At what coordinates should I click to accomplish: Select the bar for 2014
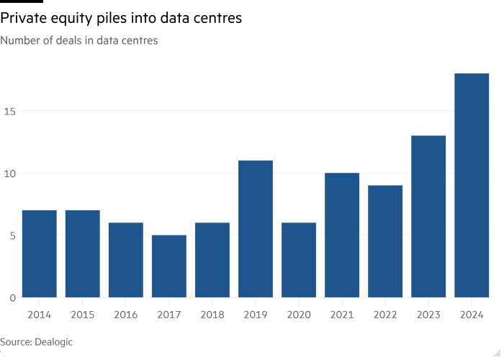[x=39, y=253]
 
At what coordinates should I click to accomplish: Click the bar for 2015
[x=82, y=253]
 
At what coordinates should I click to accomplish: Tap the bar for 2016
[x=125, y=260]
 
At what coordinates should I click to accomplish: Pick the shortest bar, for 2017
[x=168, y=266]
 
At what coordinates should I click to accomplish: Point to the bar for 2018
[x=212, y=260]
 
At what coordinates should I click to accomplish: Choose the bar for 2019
[x=256, y=228]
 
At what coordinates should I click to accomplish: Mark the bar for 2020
[x=299, y=260]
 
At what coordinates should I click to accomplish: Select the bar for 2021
[x=342, y=235]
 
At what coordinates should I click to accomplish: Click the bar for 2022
[x=385, y=241]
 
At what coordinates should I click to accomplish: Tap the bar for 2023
[x=428, y=216]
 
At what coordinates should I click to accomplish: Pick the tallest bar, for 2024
[x=472, y=185]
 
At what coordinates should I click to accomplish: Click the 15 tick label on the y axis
[x=6, y=111]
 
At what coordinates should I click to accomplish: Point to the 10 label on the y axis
[x=6, y=173]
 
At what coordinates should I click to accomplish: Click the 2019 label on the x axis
[x=256, y=314]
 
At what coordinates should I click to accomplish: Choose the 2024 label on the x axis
[x=472, y=314]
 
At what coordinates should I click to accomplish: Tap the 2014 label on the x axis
[x=39, y=314]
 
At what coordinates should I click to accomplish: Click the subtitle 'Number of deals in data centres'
[x=79, y=41]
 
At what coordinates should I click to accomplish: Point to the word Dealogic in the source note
[x=53, y=342]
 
